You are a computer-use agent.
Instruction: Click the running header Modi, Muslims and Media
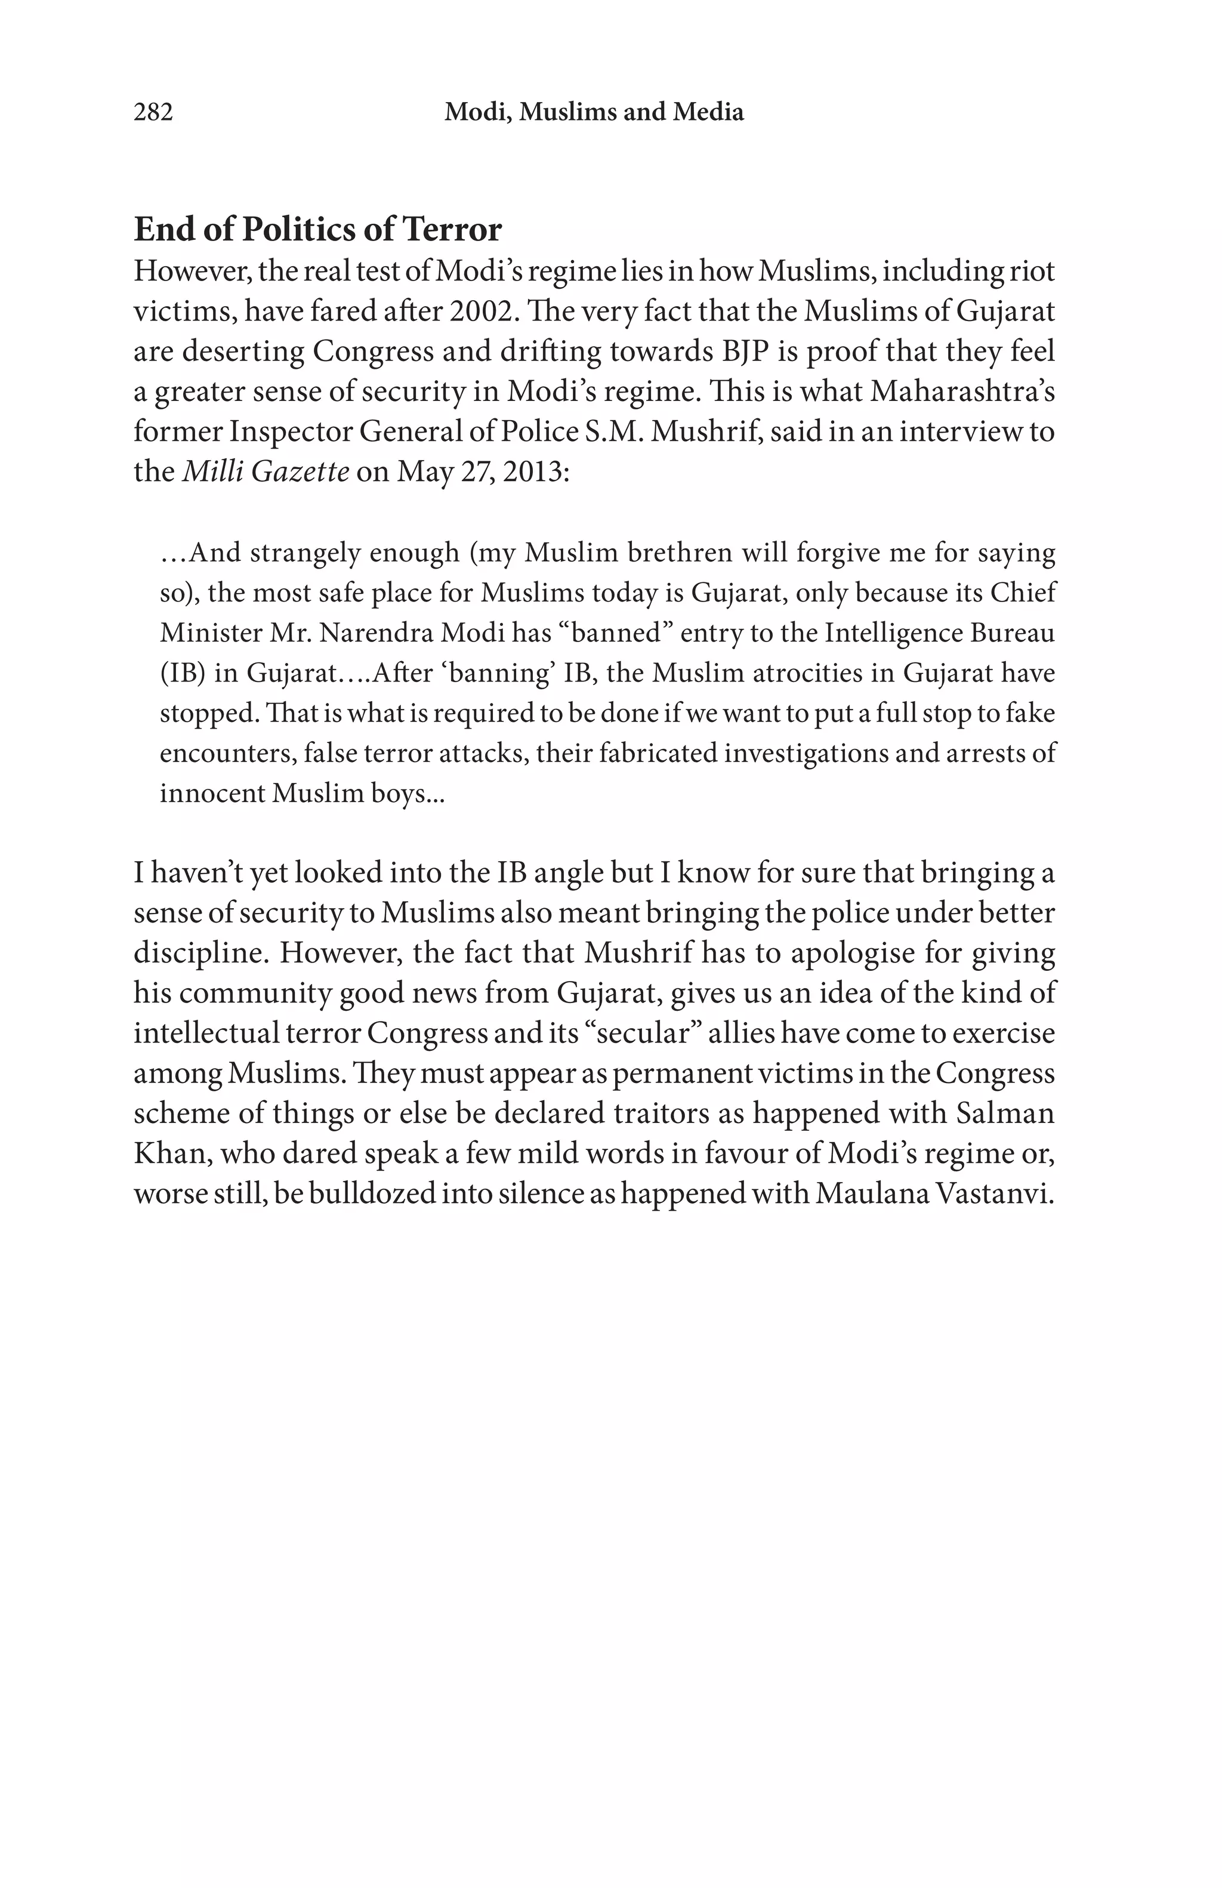[x=593, y=113]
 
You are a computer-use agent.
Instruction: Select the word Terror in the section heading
[x=452, y=230]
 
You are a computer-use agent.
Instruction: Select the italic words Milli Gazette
[x=266, y=471]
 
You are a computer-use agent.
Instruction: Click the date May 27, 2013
[x=482, y=471]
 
